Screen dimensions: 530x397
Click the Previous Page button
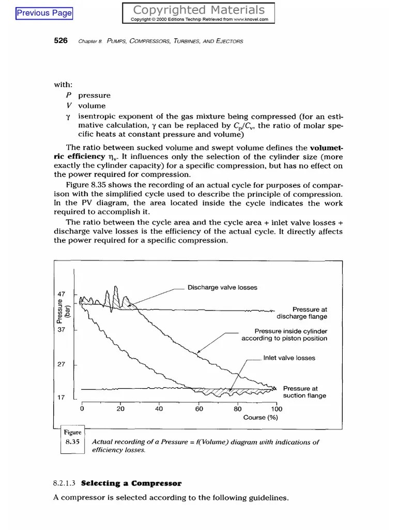pos(44,13)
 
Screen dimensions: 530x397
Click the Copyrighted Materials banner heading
pos(199,10)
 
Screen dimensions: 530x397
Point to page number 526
pos(61,41)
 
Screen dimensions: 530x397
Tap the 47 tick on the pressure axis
pos(60,294)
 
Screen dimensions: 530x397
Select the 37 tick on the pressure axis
pos(60,329)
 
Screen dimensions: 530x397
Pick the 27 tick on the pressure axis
pos(60,364)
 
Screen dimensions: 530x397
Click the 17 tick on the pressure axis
pos(60,397)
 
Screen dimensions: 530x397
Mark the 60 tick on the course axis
pos(199,408)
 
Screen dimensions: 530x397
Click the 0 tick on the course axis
pos(82,408)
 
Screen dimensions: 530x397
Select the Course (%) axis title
pos(261,418)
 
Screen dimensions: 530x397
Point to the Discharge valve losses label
pos(222,287)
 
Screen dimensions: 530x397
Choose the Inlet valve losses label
pos(289,358)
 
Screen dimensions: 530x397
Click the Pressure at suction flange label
pos(304,392)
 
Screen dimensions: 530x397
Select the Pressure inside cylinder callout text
pos(284,335)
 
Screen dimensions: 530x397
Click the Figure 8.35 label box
pos(72,438)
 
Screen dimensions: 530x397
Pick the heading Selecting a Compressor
pos(131,483)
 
